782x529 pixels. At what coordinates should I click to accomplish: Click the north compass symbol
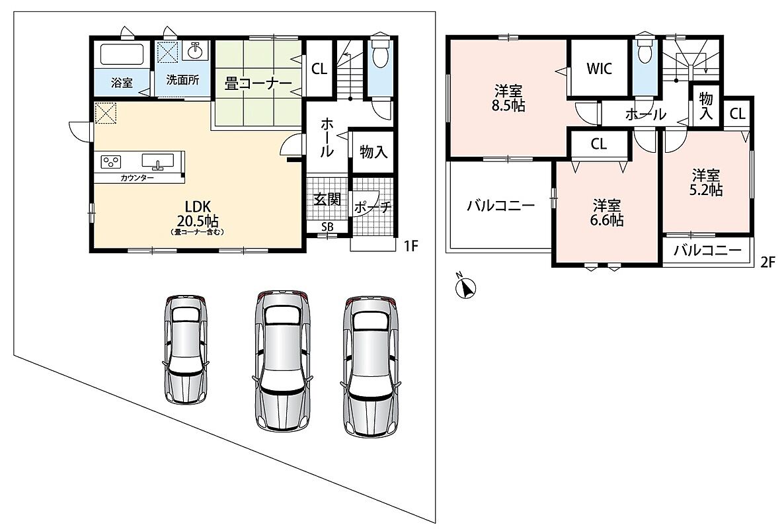click(x=466, y=286)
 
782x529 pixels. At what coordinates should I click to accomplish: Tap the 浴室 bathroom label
click(x=122, y=83)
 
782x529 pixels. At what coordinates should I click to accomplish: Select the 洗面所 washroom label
click(x=183, y=80)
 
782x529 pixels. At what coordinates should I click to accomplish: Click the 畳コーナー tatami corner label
click(x=258, y=83)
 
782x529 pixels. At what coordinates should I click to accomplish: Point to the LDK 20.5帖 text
click(x=198, y=214)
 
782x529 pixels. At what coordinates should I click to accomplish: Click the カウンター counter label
click(x=137, y=178)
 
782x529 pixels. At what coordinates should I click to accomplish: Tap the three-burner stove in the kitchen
click(x=110, y=161)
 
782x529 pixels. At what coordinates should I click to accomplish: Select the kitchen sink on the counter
click(x=158, y=161)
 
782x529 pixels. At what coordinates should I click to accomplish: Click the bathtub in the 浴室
click(x=123, y=54)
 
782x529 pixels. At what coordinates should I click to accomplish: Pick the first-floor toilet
click(x=381, y=54)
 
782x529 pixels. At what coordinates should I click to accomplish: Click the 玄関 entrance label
click(x=328, y=199)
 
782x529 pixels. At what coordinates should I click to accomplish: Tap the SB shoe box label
click(x=327, y=227)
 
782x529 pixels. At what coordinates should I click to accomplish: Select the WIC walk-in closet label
click(x=599, y=69)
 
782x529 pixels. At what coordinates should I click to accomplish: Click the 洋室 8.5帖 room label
click(x=508, y=99)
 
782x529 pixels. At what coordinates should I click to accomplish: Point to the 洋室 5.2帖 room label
click(x=706, y=183)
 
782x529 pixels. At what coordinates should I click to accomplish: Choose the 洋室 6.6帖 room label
click(x=607, y=213)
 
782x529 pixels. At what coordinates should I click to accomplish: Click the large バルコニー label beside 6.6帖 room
click(x=500, y=206)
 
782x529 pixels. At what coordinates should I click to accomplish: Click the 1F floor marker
click(x=411, y=246)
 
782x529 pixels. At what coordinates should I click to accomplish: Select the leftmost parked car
click(x=185, y=349)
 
